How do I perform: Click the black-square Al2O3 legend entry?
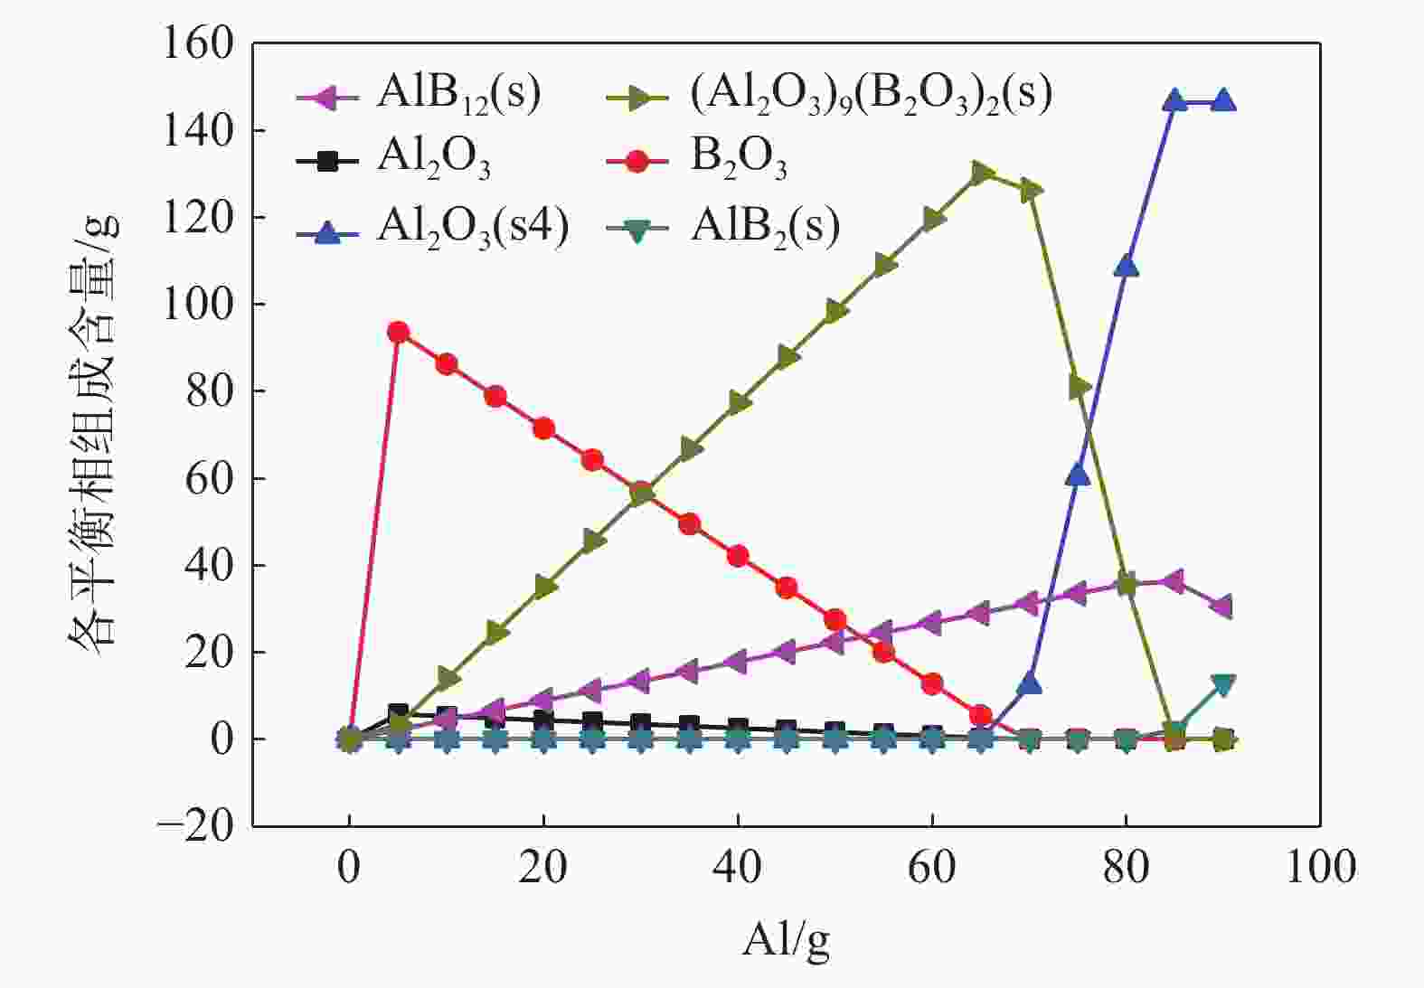[398, 160]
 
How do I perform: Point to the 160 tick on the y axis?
[197, 43]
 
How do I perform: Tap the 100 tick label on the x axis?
[1319, 867]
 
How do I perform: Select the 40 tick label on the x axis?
[737, 867]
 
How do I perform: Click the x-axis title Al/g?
[786, 940]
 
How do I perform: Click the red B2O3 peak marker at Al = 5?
[398, 332]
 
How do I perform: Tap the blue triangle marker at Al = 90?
[1223, 100]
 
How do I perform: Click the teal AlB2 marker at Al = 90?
[1223, 684]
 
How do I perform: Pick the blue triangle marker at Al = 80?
[1127, 266]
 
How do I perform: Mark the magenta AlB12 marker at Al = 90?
[1222, 607]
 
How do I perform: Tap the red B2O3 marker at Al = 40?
[738, 556]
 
